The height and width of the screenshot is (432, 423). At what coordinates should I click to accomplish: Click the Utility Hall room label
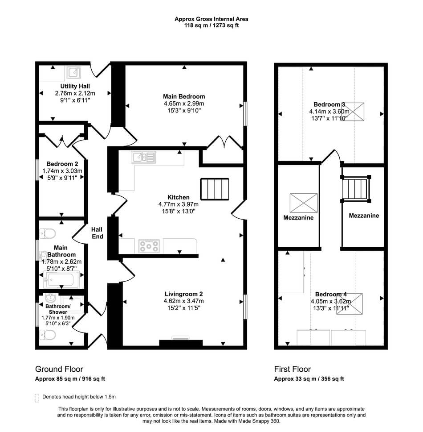coord(75,86)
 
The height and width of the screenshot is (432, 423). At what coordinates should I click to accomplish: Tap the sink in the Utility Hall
coord(73,73)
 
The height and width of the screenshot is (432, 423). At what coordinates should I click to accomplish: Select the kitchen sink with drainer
coord(143,157)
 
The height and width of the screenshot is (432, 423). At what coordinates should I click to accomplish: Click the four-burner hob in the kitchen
coord(149,246)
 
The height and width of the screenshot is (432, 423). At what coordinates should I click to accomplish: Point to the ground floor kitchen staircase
coord(215,189)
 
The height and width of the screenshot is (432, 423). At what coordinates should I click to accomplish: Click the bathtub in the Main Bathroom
coord(61,280)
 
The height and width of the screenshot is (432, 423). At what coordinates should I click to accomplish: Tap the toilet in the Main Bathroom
coord(48,234)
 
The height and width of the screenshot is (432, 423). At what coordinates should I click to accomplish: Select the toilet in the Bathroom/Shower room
coord(48,335)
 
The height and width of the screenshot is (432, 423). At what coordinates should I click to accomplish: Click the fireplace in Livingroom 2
coord(181,342)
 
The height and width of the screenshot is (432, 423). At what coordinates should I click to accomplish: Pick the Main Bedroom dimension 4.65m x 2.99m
coord(184,104)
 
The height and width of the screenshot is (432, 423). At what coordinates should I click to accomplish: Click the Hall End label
coord(98,233)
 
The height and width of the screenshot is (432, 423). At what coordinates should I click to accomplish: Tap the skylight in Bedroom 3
coord(353,112)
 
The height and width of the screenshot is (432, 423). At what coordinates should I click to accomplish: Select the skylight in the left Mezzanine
coord(303,203)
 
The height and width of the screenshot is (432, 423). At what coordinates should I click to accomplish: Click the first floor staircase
coord(356,189)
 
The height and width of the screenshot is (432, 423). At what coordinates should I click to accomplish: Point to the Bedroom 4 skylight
coord(350,304)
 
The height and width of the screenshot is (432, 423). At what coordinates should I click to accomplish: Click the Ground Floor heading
coord(59,369)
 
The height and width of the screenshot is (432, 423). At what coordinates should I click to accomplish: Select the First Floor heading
coord(293,369)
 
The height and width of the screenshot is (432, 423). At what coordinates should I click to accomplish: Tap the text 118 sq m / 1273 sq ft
coord(211,25)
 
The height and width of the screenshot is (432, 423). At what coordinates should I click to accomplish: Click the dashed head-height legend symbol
coord(37,398)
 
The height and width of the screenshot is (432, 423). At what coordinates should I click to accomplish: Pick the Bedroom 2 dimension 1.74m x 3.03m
coord(62,171)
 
